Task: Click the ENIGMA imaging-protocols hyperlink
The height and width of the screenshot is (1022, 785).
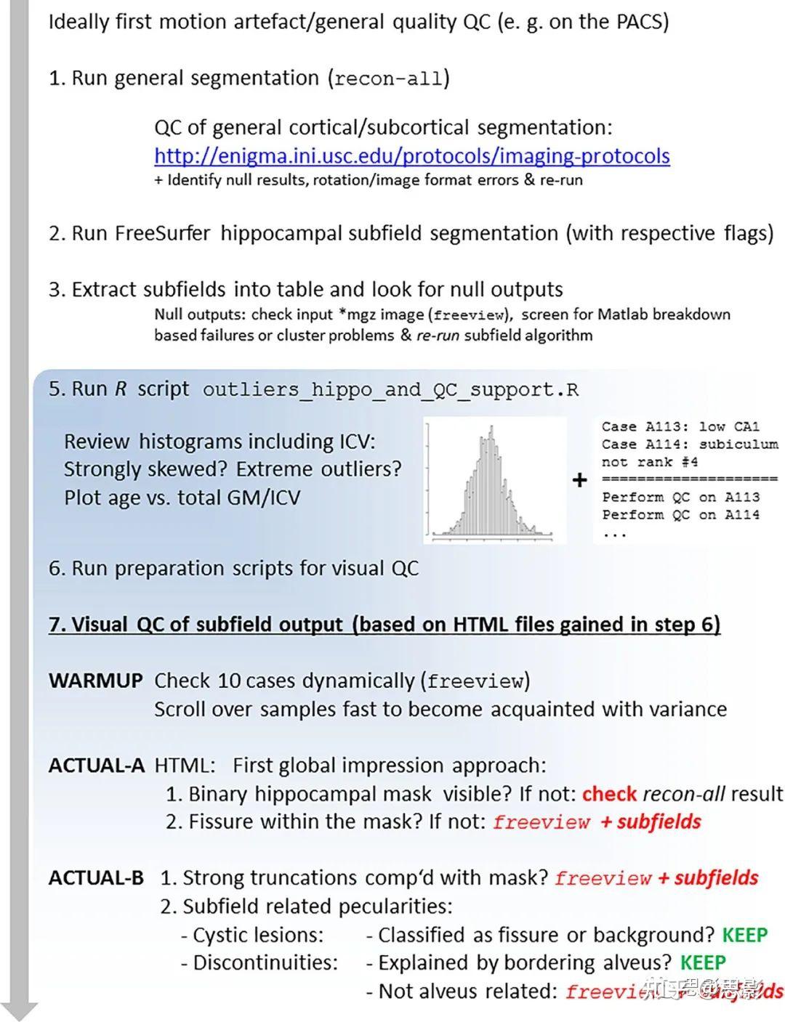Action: point(411,155)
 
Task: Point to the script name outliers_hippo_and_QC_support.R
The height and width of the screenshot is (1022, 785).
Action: point(390,390)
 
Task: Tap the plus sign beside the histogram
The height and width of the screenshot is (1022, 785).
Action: point(579,480)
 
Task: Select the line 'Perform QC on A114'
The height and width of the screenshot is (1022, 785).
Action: point(680,515)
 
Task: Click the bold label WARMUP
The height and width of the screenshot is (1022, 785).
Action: point(95,681)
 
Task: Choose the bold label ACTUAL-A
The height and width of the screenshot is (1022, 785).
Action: point(97,766)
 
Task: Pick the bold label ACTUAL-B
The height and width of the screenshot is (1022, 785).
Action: point(96,877)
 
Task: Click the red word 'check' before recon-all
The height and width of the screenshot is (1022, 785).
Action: point(609,794)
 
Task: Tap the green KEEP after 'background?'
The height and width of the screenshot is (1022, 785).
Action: point(744,935)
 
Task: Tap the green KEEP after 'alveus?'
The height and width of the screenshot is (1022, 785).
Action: point(703,963)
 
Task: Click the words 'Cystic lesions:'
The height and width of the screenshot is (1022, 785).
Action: point(258,935)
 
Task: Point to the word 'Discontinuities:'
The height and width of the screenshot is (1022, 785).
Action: point(265,963)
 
